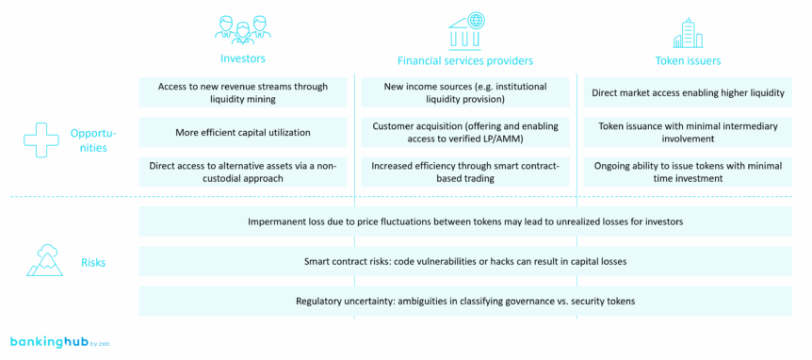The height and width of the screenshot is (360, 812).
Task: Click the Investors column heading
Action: pyautogui.click(x=243, y=60)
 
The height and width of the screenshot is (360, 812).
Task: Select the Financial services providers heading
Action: pyautogui.click(x=465, y=61)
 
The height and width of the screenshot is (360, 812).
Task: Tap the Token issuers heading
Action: pyautogui.click(x=688, y=60)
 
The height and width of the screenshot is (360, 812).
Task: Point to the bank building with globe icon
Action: pyautogui.click(x=466, y=28)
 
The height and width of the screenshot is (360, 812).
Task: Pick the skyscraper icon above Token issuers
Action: pyautogui.click(x=688, y=31)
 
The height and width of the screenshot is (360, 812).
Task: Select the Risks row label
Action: pyautogui.click(x=93, y=263)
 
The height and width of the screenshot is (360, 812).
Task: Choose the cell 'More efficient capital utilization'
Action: pyautogui.click(x=243, y=132)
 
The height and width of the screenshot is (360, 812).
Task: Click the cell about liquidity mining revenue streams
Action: pyautogui.click(x=243, y=92)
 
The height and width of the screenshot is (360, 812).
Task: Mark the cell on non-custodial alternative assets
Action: pyautogui.click(x=243, y=172)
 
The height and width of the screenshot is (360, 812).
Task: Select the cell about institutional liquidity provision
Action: pyautogui.click(x=465, y=92)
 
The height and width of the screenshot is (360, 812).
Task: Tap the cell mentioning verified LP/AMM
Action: pyautogui.click(x=465, y=132)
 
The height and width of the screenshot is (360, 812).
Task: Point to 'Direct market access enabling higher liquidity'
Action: pyautogui.click(x=688, y=92)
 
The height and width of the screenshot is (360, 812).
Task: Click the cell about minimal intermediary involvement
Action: pyautogui.click(x=688, y=132)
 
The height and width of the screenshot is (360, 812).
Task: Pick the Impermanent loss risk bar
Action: pyautogui.click(x=465, y=221)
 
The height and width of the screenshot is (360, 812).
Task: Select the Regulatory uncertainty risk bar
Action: pyautogui.click(x=465, y=301)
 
